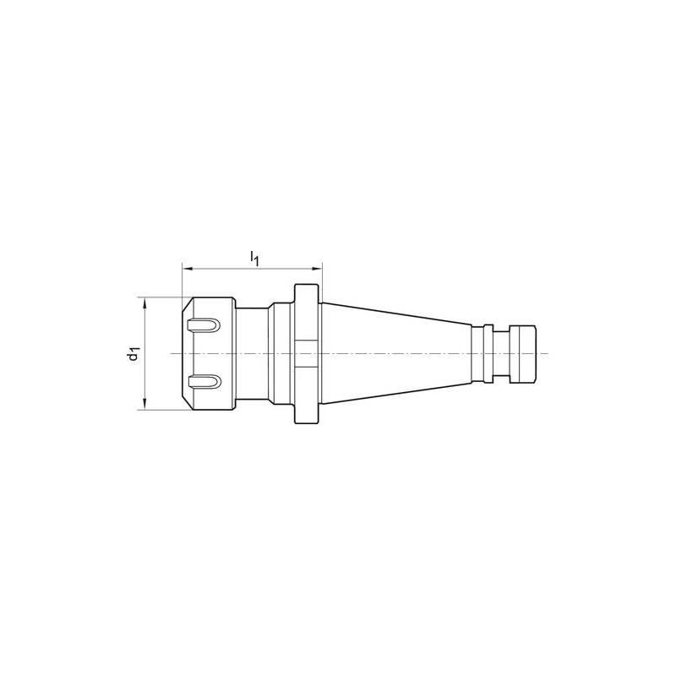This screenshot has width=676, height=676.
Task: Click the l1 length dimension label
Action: (255, 258)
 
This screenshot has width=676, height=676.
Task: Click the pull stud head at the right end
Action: (524, 353)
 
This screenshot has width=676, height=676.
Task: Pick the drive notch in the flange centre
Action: (308, 353)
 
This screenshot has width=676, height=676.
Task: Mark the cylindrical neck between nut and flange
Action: (252, 353)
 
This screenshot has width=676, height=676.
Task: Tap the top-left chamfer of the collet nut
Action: (184, 302)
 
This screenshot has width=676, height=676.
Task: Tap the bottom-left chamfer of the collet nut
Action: (184, 406)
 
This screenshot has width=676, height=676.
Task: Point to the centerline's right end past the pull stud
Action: (548, 353)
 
